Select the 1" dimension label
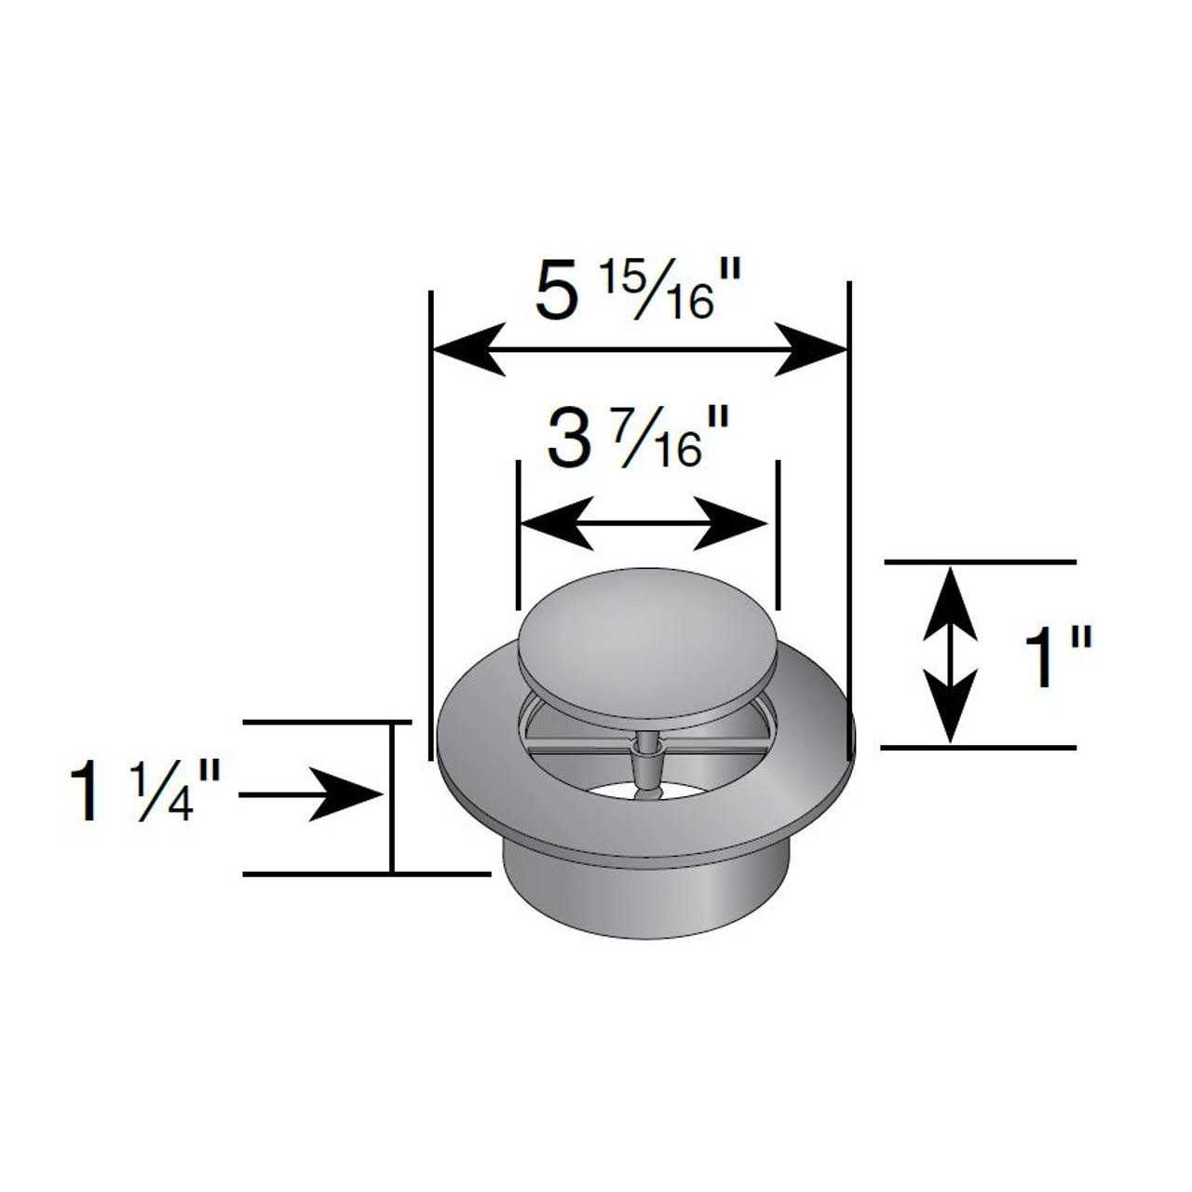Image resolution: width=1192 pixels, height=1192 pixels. click(1056, 657)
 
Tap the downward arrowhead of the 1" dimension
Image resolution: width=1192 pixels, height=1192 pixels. click(950, 708)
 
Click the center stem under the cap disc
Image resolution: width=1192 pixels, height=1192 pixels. click(645, 764)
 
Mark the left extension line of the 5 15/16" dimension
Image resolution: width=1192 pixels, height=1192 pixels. click(431, 521)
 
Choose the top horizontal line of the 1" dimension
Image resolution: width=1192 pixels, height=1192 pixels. click(978, 562)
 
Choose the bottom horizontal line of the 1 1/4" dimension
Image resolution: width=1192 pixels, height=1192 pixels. click(363, 874)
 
